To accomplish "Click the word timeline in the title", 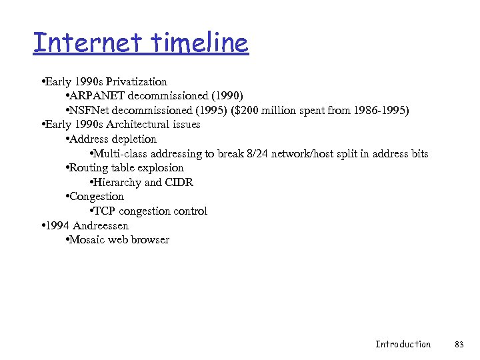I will click(200, 43).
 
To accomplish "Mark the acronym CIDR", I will click(179, 182).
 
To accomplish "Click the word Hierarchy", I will click(118, 182).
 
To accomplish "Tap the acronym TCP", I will click(105, 211).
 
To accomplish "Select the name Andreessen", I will click(100, 225).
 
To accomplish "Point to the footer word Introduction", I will click(403, 344).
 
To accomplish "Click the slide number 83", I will click(459, 344).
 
